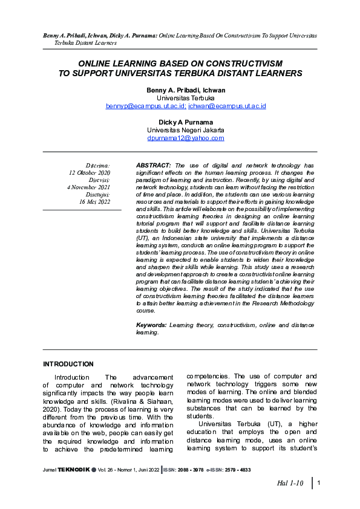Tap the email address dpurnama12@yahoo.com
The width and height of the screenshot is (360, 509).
tap(186, 138)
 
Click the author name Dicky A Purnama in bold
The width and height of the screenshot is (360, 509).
tap(186, 122)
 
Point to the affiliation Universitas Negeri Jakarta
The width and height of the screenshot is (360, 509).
tap(186, 130)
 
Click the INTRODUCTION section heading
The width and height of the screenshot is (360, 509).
tap(68, 365)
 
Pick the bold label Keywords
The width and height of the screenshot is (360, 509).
tap(151, 325)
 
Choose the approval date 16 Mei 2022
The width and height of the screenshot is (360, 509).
tap(94, 202)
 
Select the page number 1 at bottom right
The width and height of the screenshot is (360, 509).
tap(318, 483)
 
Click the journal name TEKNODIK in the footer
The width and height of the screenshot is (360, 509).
tap(73, 470)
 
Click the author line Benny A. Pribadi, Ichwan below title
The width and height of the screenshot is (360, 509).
tap(186, 90)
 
